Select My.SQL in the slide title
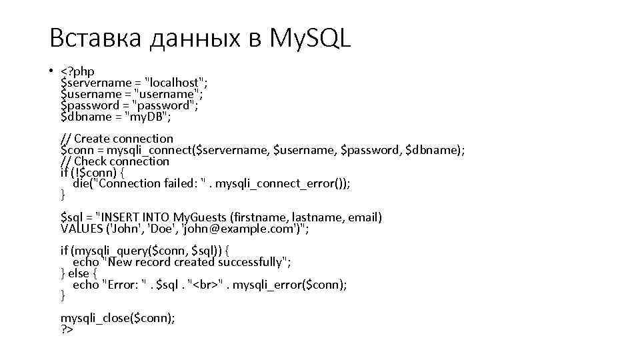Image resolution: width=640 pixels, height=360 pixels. click(x=309, y=39)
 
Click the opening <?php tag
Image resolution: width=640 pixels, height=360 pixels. click(x=77, y=71)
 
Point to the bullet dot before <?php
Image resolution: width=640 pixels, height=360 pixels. click(x=51, y=71)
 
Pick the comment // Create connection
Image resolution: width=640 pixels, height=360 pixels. click(x=117, y=139)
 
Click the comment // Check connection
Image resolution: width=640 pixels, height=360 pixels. click(x=115, y=161)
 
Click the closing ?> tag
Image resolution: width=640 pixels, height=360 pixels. click(x=67, y=329)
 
